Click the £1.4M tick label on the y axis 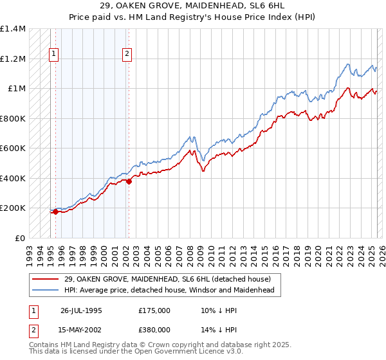point(12,29)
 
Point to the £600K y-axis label point(12,148)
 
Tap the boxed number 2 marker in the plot point(127,54)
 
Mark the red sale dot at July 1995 point(55,212)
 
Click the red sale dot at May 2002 point(129,181)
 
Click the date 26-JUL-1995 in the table point(81,310)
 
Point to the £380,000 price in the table point(154,329)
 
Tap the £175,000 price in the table point(154,310)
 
